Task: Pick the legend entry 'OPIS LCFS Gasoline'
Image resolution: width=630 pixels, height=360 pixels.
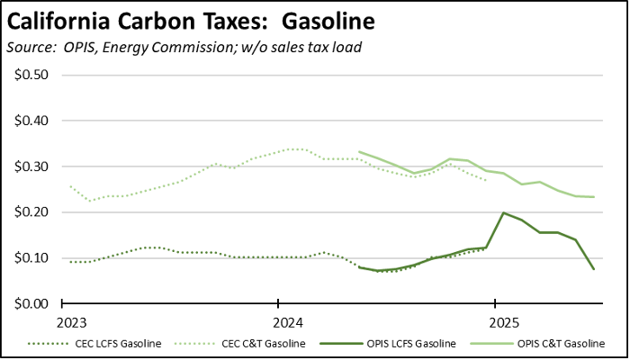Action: click(410, 344)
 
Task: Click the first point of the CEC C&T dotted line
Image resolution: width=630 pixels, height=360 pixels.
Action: click(71, 186)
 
